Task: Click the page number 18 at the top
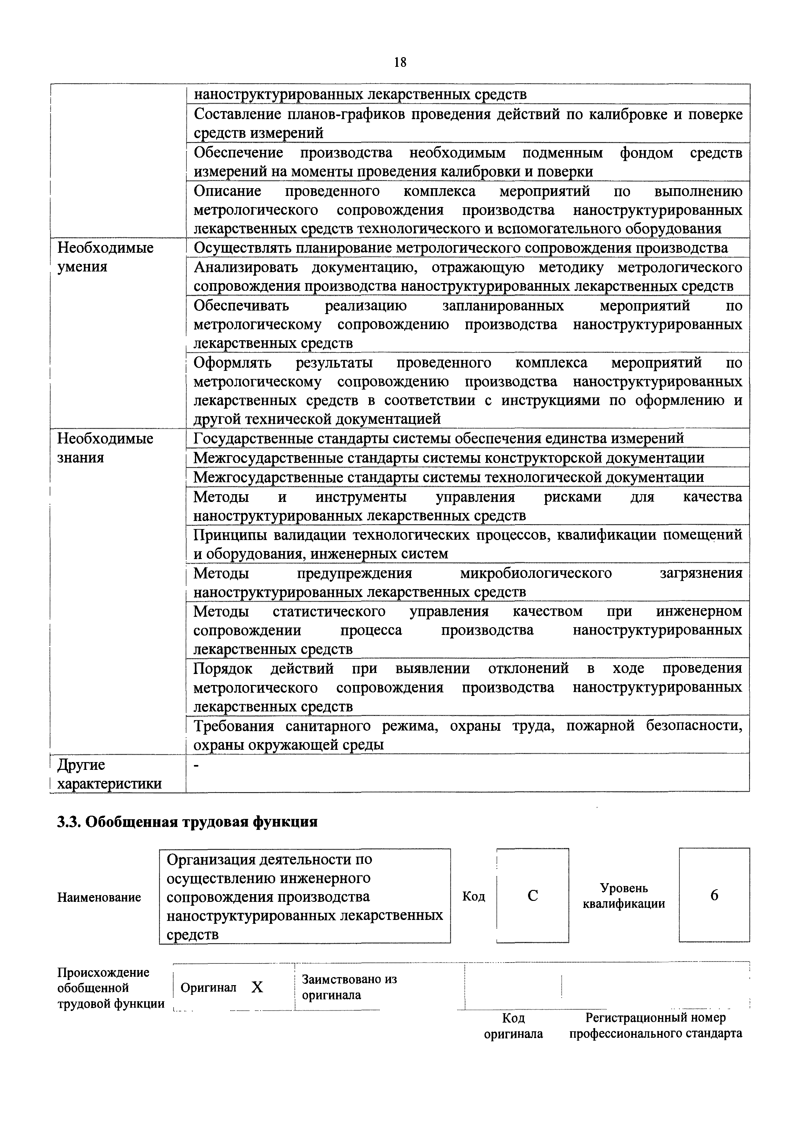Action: click(400, 62)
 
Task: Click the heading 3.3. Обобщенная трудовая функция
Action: click(187, 822)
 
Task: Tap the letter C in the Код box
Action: click(533, 895)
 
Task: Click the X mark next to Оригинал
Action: click(257, 987)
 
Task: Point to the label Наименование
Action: click(99, 897)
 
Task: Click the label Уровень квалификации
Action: click(624, 896)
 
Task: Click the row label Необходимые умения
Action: click(105, 257)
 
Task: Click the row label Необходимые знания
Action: click(105, 448)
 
